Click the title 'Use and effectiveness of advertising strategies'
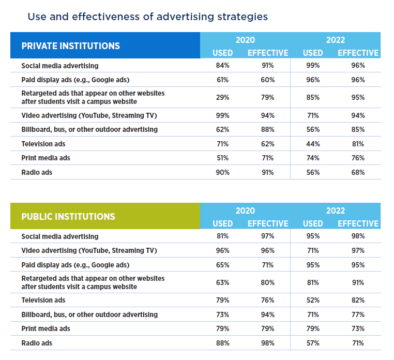tap(147, 17)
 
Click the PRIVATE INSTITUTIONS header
tap(70, 46)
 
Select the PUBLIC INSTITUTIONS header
tap(68, 216)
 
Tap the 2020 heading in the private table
tap(245, 40)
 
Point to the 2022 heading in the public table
tap(336, 211)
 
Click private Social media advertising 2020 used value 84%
tap(222, 66)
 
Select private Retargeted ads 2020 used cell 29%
tap(222, 97)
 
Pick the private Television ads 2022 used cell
tap(313, 144)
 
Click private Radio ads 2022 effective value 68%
tap(358, 172)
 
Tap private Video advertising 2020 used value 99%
tap(222, 115)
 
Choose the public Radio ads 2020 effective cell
tap(267, 343)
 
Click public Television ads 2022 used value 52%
tap(313, 300)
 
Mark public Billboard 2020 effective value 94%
tap(267, 314)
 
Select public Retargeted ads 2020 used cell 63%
tap(222, 282)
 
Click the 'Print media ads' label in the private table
tap(46, 158)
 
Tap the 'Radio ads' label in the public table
tap(37, 343)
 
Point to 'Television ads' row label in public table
tap(43, 300)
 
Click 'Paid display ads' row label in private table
tap(75, 80)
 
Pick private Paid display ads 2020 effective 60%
tap(267, 80)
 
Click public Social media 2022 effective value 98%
tap(358, 236)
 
